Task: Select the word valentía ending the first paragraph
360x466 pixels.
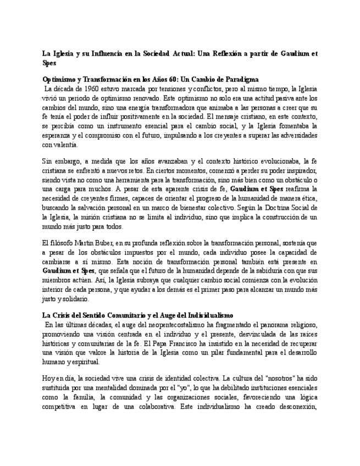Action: tap(66, 145)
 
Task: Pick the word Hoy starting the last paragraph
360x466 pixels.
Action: tap(49, 379)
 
